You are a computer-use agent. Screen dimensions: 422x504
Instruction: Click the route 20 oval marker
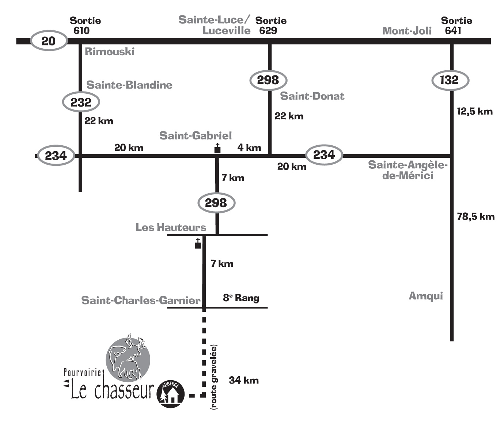49,41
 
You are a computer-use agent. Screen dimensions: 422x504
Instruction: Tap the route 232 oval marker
81,102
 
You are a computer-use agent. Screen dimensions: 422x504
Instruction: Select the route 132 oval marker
450,80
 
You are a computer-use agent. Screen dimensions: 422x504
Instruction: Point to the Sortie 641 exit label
456,25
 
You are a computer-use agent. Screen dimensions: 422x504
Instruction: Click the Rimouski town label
110,52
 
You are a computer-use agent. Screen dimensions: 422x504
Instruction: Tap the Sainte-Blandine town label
129,85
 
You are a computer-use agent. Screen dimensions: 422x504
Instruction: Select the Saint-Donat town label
312,96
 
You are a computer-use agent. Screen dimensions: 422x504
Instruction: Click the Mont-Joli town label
407,31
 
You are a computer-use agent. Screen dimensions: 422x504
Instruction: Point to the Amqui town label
425,296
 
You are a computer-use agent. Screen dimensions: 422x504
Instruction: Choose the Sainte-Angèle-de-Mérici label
408,170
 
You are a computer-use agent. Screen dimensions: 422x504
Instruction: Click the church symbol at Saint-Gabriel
217,148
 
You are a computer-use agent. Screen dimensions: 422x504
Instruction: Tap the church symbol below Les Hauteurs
198,244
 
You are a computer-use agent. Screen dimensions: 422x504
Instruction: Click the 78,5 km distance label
475,217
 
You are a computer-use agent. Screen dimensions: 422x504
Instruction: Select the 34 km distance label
244,380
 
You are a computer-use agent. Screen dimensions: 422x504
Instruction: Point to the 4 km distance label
249,147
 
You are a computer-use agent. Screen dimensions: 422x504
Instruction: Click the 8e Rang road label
241,298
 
